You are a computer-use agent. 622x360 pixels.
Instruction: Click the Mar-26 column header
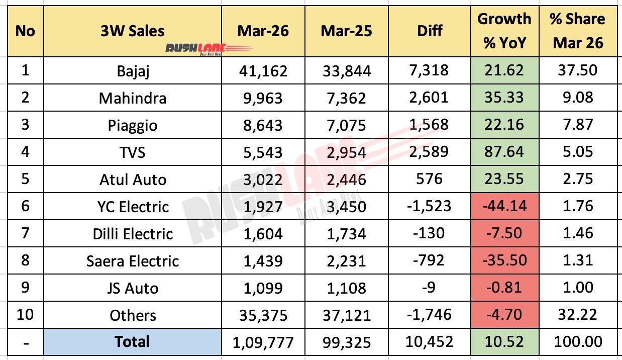(263, 31)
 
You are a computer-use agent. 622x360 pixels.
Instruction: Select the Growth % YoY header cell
(504, 31)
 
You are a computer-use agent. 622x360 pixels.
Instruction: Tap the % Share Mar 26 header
(577, 31)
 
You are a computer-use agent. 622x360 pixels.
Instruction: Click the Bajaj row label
(133, 70)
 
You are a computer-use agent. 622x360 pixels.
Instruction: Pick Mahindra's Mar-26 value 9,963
(263, 97)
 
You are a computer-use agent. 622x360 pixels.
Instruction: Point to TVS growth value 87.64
(504, 151)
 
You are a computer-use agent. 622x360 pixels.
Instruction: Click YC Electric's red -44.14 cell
(504, 206)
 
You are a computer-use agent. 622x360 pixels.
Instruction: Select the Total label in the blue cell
(133, 342)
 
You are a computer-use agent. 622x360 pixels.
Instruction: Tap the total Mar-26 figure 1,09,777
(263, 342)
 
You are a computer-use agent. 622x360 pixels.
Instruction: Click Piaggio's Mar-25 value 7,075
(347, 124)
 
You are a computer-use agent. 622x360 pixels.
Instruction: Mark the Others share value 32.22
(577, 315)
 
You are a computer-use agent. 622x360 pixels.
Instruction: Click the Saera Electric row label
(133, 260)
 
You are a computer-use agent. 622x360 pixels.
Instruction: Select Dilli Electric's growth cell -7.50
(504, 233)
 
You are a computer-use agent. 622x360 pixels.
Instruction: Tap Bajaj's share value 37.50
(577, 70)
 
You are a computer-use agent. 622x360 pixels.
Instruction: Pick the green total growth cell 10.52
(504, 342)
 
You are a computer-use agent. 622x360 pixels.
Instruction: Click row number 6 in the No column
(25, 206)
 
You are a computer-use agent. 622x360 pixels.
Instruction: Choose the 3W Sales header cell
(133, 31)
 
